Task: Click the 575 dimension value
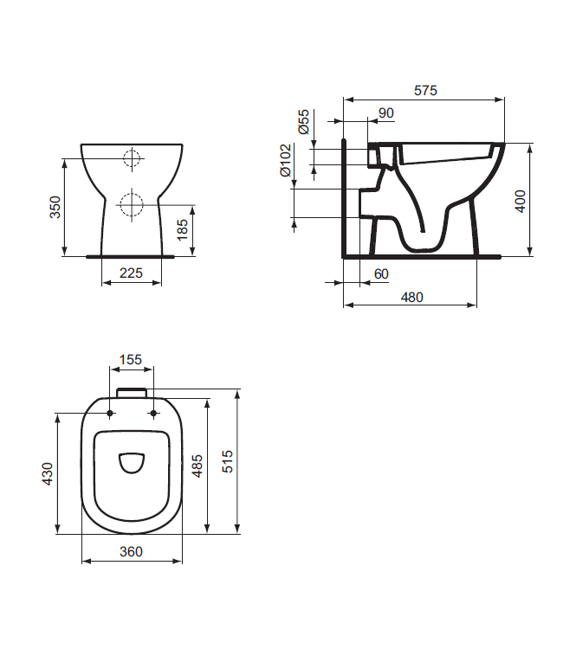point(425,89)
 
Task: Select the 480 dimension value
point(411,297)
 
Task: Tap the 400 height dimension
point(520,201)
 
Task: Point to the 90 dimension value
point(386,112)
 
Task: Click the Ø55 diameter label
point(304,122)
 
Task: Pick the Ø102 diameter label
point(285,160)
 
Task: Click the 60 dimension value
point(381,273)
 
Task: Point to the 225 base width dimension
point(131,273)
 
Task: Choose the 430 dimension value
point(48,472)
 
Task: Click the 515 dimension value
point(228,460)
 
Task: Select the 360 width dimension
point(131,551)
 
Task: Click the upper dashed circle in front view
point(132,158)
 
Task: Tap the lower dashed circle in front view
point(132,204)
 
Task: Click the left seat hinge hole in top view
point(109,414)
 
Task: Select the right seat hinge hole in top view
point(153,414)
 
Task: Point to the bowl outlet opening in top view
point(132,464)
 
